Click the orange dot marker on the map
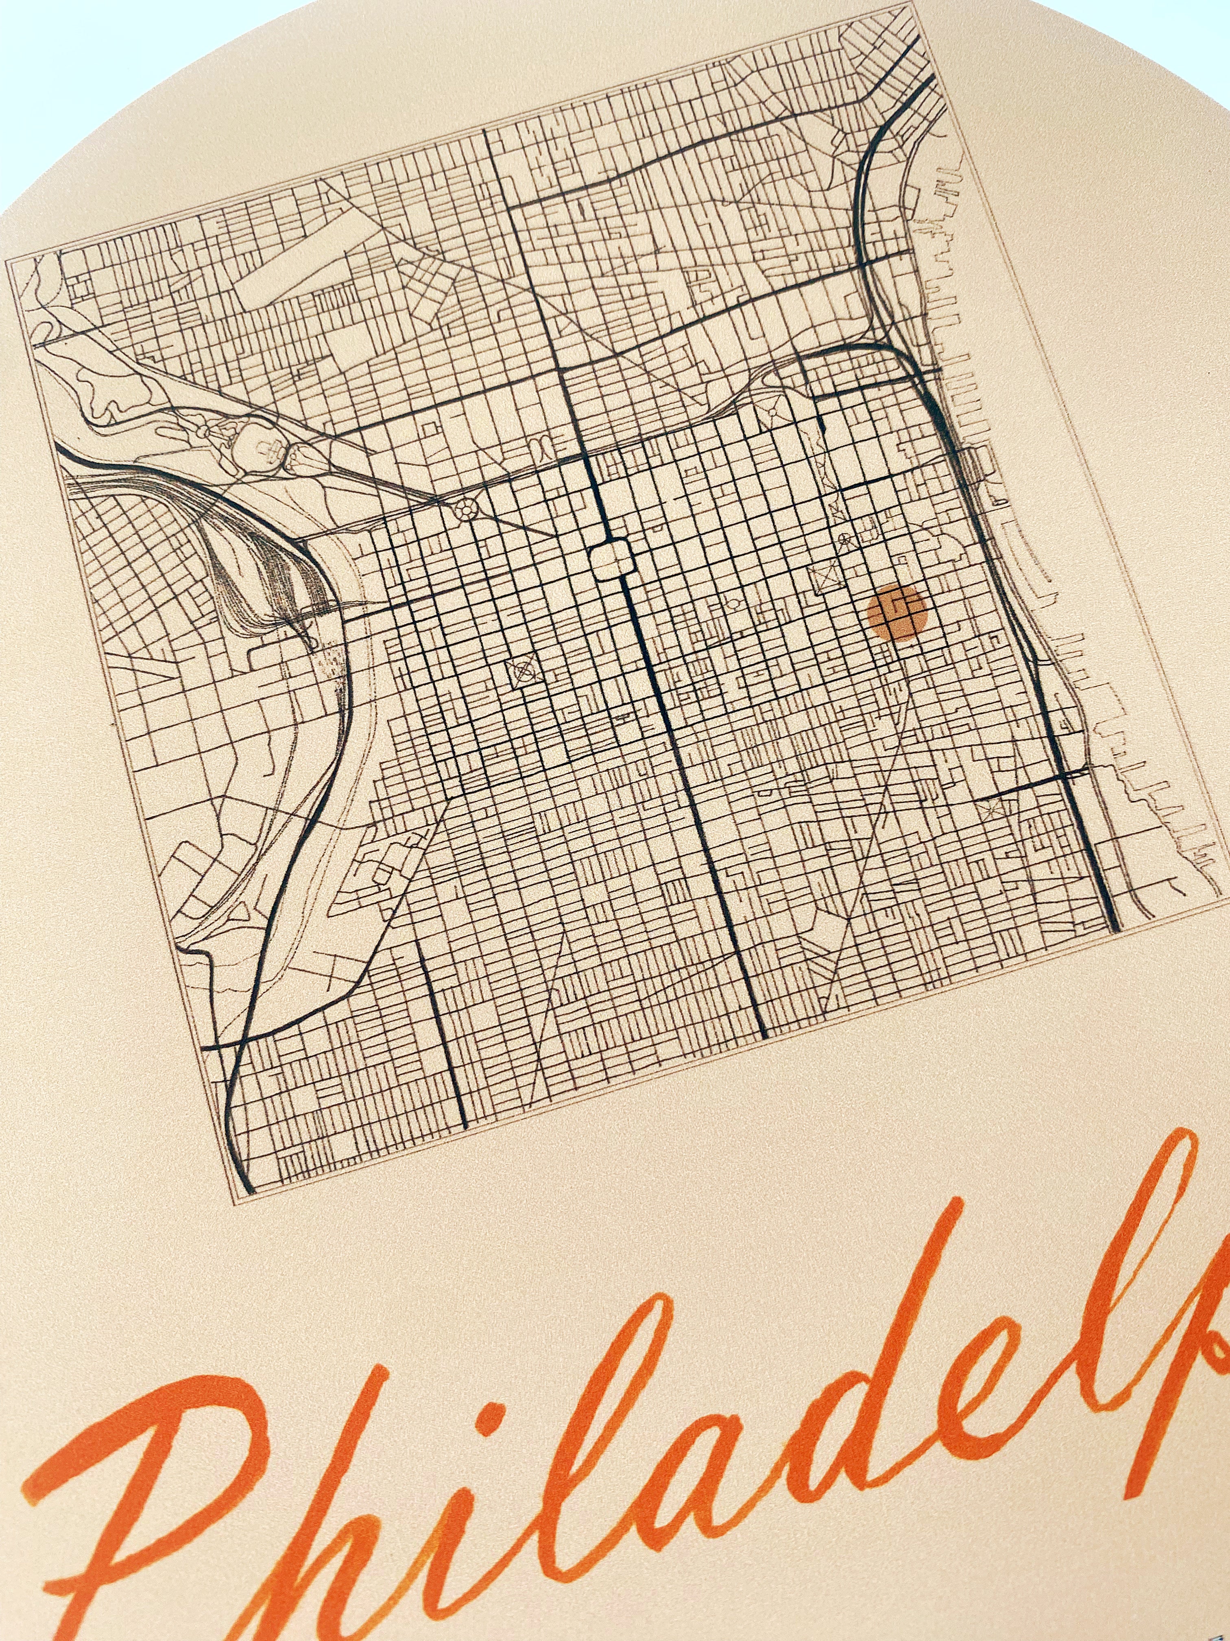click(897, 612)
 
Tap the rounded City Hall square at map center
click(613, 558)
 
